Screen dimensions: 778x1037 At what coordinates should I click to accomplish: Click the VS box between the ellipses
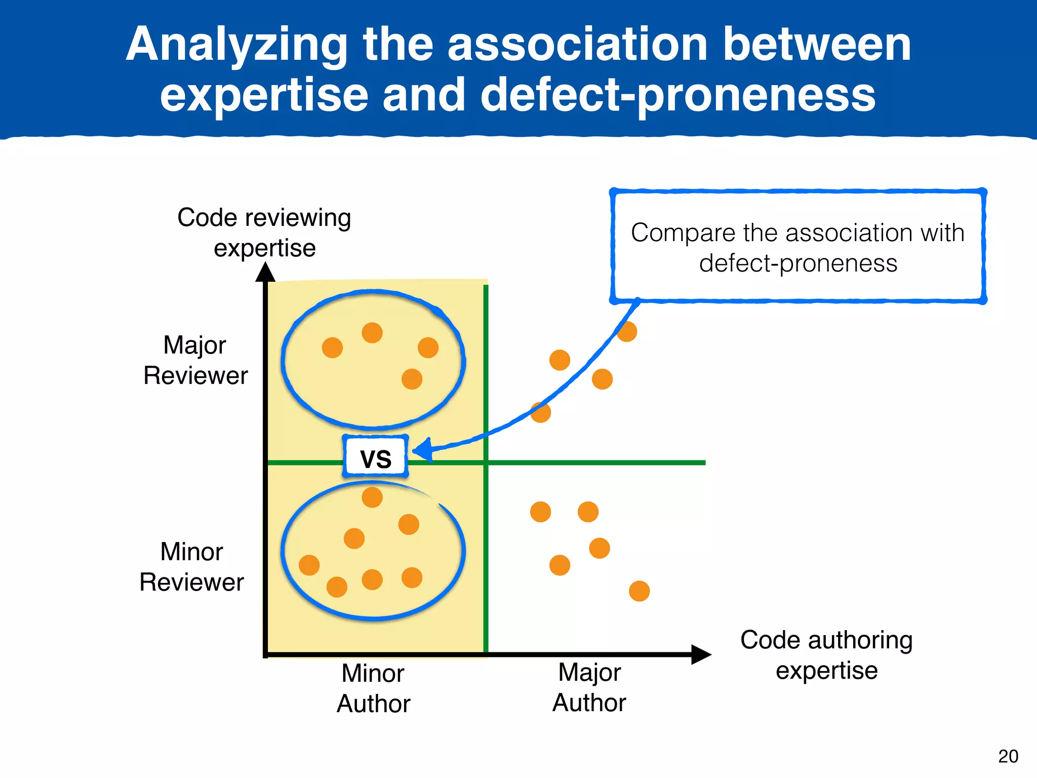(375, 457)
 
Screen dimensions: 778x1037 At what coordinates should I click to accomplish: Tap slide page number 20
(1008, 756)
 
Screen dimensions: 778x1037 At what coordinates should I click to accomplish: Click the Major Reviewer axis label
(195, 360)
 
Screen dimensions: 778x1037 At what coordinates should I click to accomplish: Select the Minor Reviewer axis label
(191, 567)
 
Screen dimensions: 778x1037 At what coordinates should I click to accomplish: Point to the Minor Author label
(373, 688)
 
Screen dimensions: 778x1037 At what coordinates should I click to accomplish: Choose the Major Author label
(589, 687)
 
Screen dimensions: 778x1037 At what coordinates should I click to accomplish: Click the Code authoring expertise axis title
(826, 655)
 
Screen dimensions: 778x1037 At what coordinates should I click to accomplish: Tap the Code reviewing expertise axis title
(264, 232)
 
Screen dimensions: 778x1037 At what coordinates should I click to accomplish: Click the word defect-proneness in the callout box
(798, 263)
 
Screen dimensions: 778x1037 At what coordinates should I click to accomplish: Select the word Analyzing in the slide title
(236, 46)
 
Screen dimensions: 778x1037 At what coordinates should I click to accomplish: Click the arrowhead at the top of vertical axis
(265, 274)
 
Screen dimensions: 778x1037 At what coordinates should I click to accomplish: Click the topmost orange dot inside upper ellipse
(372, 333)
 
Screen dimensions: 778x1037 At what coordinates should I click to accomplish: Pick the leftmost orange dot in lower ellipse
(309, 565)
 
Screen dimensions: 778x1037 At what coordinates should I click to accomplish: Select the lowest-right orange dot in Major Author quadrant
(639, 591)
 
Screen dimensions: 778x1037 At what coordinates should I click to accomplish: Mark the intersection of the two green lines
(486, 462)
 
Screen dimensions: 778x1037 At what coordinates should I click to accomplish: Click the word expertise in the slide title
(264, 95)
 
